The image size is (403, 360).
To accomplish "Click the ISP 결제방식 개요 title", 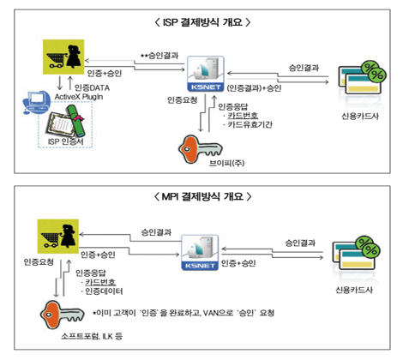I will click(202, 21).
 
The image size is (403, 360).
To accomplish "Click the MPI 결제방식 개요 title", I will click(202, 196).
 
